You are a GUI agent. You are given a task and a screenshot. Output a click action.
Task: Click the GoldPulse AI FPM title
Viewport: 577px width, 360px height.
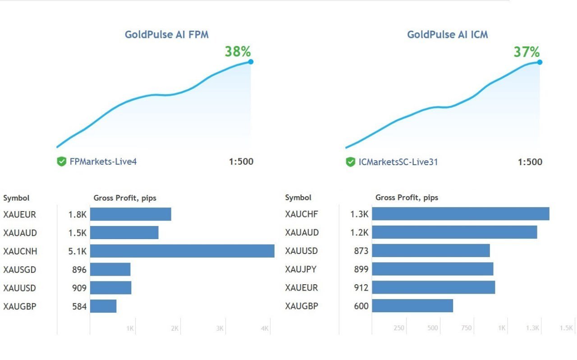point(166,34)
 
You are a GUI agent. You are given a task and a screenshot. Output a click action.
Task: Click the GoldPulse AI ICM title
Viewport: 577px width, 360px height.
point(447,34)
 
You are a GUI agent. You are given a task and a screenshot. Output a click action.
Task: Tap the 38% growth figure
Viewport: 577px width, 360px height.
point(238,51)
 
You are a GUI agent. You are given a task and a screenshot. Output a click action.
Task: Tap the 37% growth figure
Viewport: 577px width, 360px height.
point(527,52)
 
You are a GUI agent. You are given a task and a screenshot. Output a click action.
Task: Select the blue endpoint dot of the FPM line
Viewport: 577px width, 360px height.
point(251,61)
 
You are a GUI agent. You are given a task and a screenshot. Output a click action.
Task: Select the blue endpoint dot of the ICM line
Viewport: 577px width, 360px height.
point(540,62)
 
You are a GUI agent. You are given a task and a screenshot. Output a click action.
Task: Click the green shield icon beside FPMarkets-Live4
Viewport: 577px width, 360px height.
point(62,162)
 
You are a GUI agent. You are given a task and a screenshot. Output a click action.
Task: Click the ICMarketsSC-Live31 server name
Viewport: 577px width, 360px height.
point(398,162)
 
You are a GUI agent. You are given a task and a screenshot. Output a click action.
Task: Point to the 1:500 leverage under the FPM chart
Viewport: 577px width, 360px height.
point(241,162)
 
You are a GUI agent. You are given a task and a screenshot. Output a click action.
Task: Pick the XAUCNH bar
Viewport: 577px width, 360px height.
point(182,251)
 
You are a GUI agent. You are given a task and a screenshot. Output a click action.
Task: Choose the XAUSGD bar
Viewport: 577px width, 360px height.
point(110,269)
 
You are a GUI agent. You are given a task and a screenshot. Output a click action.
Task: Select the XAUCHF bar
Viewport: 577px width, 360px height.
point(460,214)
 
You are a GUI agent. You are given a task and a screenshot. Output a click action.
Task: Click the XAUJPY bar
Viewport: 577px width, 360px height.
point(432,269)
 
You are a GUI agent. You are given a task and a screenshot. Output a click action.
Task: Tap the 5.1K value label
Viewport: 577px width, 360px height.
point(77,251)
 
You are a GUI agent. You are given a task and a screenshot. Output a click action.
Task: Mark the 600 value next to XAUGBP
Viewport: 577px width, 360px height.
point(361,306)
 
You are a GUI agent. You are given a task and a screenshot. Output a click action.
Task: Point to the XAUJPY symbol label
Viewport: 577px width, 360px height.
point(301,269)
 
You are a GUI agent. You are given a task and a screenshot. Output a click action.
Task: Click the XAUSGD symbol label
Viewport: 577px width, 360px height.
point(19,270)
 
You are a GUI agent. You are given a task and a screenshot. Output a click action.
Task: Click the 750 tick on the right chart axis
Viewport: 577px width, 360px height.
point(466,328)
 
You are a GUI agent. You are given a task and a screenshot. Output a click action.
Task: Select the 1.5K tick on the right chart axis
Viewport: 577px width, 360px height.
point(566,328)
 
